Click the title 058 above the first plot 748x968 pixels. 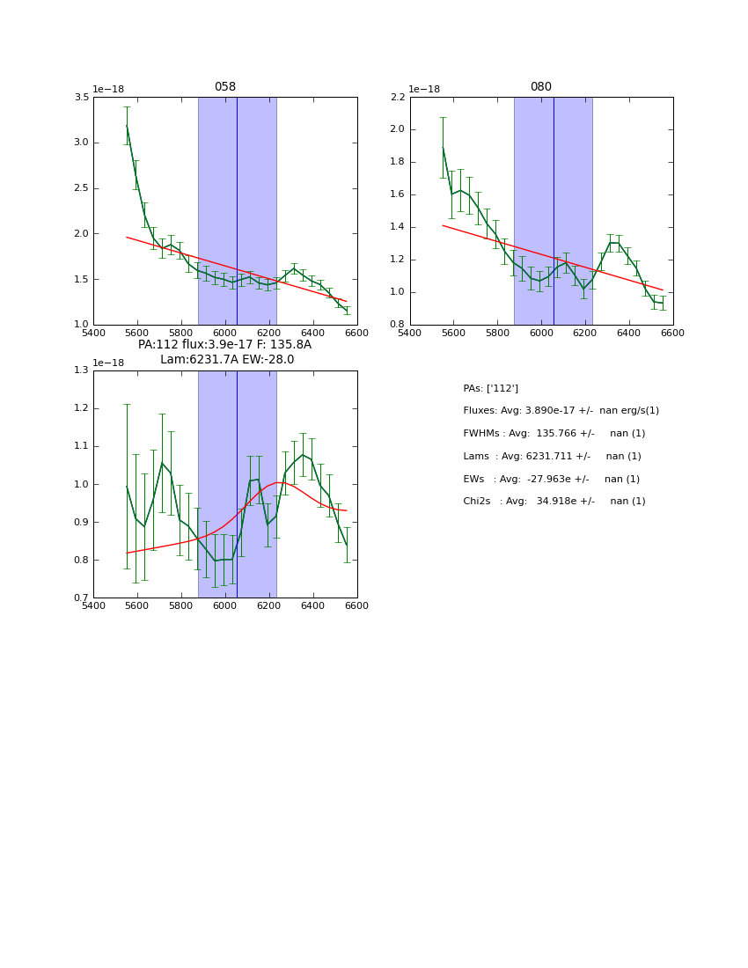point(224,87)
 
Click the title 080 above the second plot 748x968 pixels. point(540,87)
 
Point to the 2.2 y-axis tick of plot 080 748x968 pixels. point(398,97)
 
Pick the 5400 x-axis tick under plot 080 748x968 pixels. point(410,332)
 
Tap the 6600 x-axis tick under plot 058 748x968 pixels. point(356,332)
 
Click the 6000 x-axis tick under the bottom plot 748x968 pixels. point(225,605)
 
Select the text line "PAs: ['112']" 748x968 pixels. point(490,388)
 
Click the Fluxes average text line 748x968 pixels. point(561,411)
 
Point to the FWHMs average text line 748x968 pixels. point(554,434)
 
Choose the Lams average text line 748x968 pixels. point(552,457)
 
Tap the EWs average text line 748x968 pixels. point(551,480)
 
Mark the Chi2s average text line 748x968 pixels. point(554,502)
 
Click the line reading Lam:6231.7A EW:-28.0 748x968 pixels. point(227,360)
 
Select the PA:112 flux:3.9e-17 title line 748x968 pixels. point(224,345)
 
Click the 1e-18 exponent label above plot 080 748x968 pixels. point(423,89)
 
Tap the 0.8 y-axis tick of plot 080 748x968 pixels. point(398,325)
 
